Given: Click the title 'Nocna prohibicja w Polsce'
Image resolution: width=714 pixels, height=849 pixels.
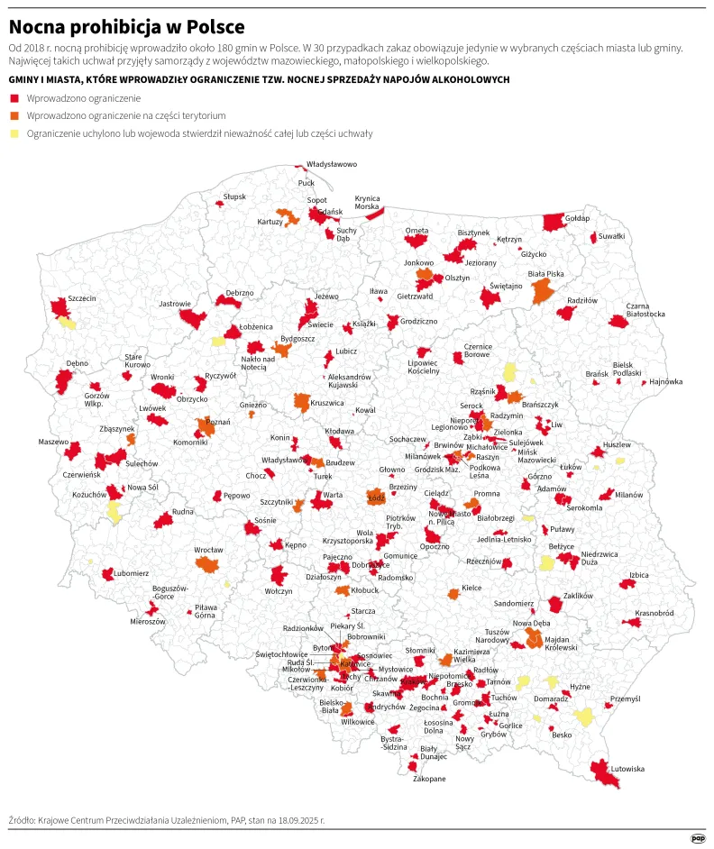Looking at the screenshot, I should (x=126, y=26).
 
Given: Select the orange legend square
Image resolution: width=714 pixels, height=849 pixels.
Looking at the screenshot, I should (x=14, y=115).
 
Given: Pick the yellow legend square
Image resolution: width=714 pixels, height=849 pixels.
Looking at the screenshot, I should (x=14, y=133).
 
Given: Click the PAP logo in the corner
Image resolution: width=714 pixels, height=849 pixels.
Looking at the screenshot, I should (x=697, y=837).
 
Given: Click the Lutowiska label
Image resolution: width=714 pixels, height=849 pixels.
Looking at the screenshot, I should (x=627, y=769).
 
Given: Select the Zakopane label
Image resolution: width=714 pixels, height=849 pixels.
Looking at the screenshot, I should (x=429, y=778).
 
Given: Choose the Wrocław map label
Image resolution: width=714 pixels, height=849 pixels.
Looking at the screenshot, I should (x=208, y=549).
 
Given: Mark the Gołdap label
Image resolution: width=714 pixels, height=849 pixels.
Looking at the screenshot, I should (x=577, y=218).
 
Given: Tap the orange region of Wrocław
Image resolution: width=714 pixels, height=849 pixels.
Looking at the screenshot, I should (x=208, y=565).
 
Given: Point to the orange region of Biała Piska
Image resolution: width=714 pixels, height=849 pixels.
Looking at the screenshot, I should (x=543, y=291).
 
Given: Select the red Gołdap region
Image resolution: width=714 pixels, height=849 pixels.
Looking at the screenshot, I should (x=554, y=223).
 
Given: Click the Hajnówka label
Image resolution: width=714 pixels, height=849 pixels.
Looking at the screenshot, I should (x=665, y=381).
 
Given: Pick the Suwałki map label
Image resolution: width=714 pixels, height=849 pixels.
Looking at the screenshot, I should (x=612, y=235).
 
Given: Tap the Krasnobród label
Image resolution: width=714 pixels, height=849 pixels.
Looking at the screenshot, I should (x=654, y=613).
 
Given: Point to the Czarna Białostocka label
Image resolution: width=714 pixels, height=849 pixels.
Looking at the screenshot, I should (x=645, y=309).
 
